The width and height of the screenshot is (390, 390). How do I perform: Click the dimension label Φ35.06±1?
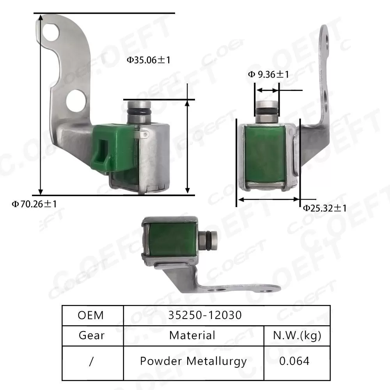(149, 60)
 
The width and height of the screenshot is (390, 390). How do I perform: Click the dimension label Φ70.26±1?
(34, 204)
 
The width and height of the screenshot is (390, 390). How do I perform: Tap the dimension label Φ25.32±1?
(324, 208)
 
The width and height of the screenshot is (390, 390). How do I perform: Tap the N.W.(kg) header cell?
(297, 335)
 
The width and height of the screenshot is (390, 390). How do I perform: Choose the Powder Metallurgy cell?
(193, 361)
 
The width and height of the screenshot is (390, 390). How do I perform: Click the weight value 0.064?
(294, 361)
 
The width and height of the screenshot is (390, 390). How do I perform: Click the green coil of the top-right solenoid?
(267, 154)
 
